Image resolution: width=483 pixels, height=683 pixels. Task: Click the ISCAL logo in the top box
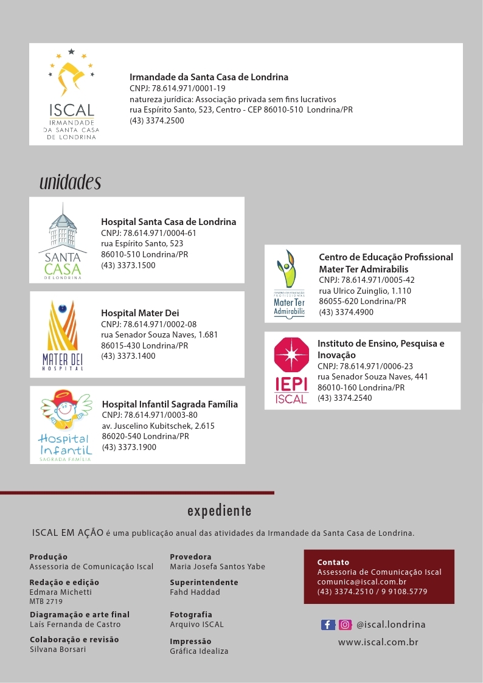click(71, 94)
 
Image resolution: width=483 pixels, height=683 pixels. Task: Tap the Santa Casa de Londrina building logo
click(63, 241)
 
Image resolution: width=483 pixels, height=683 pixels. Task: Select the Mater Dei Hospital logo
click(63, 335)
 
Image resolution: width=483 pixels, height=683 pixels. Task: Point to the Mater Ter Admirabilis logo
click(289, 284)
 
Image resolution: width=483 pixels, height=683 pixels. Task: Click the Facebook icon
click(328, 625)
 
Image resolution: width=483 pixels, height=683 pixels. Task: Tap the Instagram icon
click(345, 625)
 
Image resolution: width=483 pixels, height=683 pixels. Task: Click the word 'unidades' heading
click(70, 182)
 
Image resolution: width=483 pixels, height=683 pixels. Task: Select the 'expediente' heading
click(219, 510)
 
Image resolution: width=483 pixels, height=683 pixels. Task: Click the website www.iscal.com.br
click(378, 642)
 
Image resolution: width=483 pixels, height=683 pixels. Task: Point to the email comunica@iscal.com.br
click(361, 582)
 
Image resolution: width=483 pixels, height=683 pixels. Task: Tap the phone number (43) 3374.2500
click(157, 120)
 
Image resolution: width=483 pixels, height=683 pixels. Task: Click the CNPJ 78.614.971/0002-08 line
click(148, 324)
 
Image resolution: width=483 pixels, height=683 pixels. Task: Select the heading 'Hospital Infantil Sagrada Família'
click(170, 404)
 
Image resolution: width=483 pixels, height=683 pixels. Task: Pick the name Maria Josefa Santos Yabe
click(217, 566)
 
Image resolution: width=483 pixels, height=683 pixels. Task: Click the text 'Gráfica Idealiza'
click(199, 651)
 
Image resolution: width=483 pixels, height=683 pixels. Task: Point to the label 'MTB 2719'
click(46, 602)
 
